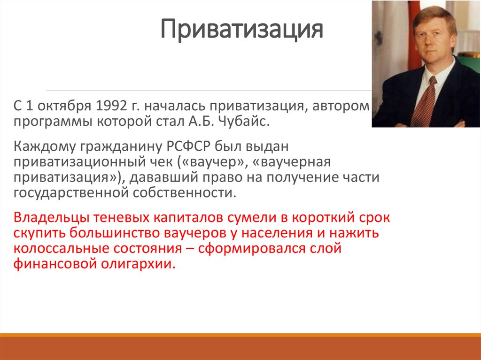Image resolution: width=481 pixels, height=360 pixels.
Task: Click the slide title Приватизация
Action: click(241, 30)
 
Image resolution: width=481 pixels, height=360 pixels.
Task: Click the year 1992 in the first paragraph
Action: click(111, 106)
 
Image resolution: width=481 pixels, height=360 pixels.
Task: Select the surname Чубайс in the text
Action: click(244, 122)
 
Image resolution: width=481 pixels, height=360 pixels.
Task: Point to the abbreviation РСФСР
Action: click(188, 146)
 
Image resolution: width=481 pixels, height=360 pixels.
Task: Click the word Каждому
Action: click(45, 147)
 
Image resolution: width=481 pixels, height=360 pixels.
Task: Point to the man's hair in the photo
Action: click(434, 18)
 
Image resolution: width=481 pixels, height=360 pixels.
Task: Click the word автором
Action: click(341, 107)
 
